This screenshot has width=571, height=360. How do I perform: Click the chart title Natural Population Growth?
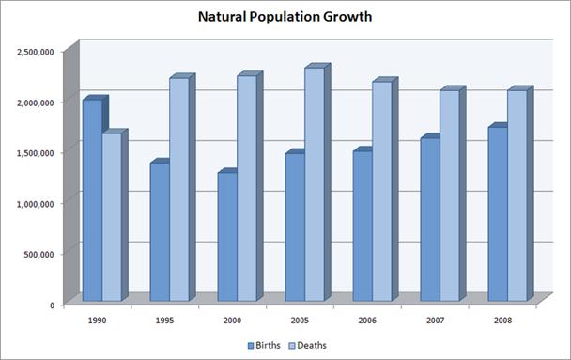[x=286, y=17]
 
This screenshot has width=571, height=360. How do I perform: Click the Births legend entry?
[x=265, y=345]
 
